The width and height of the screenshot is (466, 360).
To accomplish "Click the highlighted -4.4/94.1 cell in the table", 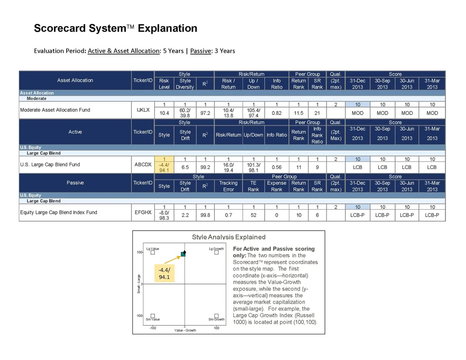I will [x=164, y=167].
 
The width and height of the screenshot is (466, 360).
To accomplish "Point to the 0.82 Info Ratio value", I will [x=276, y=113].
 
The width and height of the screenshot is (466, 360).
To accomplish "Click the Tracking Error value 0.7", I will [x=228, y=215].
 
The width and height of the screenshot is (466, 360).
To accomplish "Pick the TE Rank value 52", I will [x=254, y=215].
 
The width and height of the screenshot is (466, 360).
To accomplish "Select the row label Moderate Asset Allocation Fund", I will [x=55, y=110].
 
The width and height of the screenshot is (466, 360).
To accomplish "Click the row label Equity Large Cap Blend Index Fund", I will [x=59, y=212].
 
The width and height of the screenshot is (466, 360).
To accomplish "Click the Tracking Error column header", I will [x=228, y=186].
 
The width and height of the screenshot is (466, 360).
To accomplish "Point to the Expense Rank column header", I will [x=276, y=186].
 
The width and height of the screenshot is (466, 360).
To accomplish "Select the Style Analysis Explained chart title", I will [x=229, y=237].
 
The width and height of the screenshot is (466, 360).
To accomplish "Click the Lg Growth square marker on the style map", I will [x=216, y=253].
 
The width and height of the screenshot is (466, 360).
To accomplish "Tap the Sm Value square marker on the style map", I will [x=153, y=315].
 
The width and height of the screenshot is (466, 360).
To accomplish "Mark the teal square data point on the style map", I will [x=183, y=254].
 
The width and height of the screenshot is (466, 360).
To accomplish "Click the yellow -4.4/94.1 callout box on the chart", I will [x=164, y=274].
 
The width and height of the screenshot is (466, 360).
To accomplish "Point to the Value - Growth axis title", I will [x=185, y=330].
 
